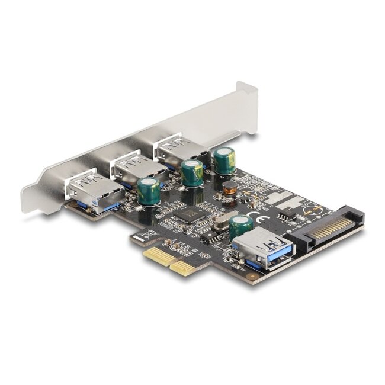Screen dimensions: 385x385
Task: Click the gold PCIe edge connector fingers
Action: [x=168, y=260]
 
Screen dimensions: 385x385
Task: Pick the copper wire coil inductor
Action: [x=230, y=190]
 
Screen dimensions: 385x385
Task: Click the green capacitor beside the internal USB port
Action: [x=240, y=226]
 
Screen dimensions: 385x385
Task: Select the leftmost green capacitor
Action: [x=149, y=191]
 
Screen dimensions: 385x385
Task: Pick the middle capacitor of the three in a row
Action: [x=192, y=172]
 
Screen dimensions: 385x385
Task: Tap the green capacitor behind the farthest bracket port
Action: [x=224, y=160]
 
